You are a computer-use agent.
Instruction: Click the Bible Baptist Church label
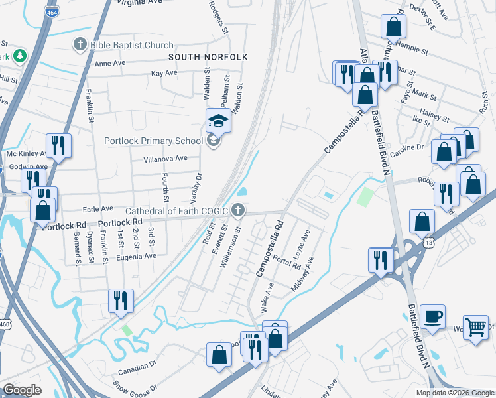pyautogui.click(x=131, y=46)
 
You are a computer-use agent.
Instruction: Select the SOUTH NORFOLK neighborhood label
pyautogui.click(x=208, y=58)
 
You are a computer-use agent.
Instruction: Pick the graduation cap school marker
pyautogui.click(x=217, y=121)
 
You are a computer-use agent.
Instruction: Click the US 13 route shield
pyautogui.click(x=430, y=243)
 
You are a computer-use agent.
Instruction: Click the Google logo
pyautogui.click(x=22, y=390)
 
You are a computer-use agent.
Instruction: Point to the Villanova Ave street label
pyautogui.click(x=166, y=159)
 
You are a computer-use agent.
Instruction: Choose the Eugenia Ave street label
pyautogui.click(x=136, y=255)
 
